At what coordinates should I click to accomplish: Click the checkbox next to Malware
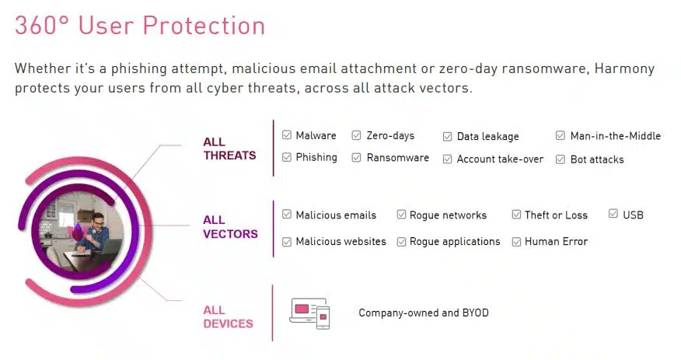tap(287, 135)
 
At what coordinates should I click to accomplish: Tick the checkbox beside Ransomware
tap(356, 158)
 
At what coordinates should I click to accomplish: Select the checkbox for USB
tap(613, 214)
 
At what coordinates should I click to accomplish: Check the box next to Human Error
tap(516, 242)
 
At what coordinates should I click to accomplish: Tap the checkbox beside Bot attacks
tap(561, 159)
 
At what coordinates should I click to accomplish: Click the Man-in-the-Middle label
tap(616, 136)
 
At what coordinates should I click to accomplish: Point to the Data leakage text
tap(487, 137)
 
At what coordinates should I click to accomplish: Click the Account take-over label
tap(500, 159)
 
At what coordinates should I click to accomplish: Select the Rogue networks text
tap(448, 215)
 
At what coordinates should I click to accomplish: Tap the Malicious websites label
tap(341, 242)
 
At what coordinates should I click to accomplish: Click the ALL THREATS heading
tap(229, 149)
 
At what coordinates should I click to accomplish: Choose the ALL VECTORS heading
tap(230, 227)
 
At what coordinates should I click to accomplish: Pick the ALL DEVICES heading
tap(228, 317)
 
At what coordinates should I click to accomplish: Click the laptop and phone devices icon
tap(309, 313)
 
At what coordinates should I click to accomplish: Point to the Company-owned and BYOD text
tap(424, 313)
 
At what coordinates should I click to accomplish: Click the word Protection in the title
tap(204, 25)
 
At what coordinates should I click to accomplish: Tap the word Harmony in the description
tap(624, 68)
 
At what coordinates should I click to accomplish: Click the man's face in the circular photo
tap(99, 222)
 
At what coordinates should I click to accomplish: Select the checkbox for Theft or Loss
tap(516, 215)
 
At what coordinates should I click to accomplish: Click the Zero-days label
tap(390, 136)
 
